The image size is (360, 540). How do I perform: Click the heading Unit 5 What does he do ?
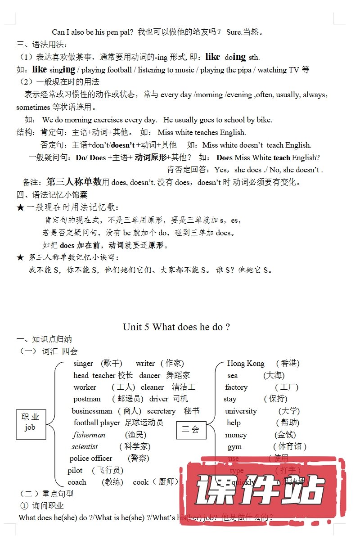click(x=176, y=327)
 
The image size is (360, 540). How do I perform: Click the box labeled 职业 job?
click(x=30, y=422)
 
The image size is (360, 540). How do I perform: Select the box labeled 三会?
click(x=190, y=429)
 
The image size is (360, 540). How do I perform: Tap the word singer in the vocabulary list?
click(x=83, y=363)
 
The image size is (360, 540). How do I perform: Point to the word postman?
click(x=87, y=399)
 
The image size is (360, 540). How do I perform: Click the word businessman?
click(x=92, y=411)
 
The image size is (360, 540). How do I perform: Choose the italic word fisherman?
click(x=89, y=435)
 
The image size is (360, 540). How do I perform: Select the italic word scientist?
click(x=85, y=446)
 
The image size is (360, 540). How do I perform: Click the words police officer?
click(x=91, y=458)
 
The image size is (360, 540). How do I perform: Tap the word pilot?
click(x=75, y=470)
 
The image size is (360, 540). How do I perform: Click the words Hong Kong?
click(x=246, y=363)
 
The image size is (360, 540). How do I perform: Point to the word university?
click(x=241, y=411)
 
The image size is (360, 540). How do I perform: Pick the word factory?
click(x=236, y=387)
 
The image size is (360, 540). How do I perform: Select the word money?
click(x=236, y=435)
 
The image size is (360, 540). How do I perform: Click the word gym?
click(x=234, y=446)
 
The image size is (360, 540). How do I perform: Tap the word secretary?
click(x=161, y=411)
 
